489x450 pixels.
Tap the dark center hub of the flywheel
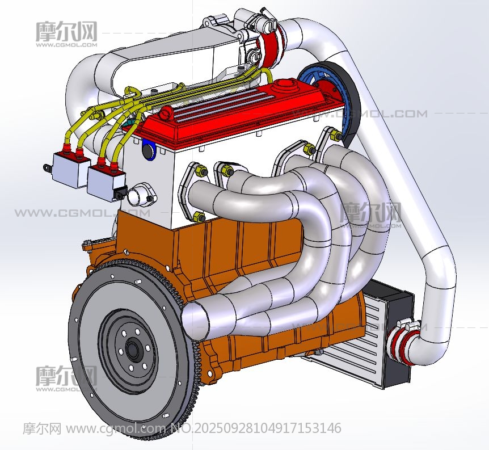click(133, 349)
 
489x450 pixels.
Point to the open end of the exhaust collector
click(194, 318)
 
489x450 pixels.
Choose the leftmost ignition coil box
click(69, 170)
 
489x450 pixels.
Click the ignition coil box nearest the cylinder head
click(106, 183)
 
